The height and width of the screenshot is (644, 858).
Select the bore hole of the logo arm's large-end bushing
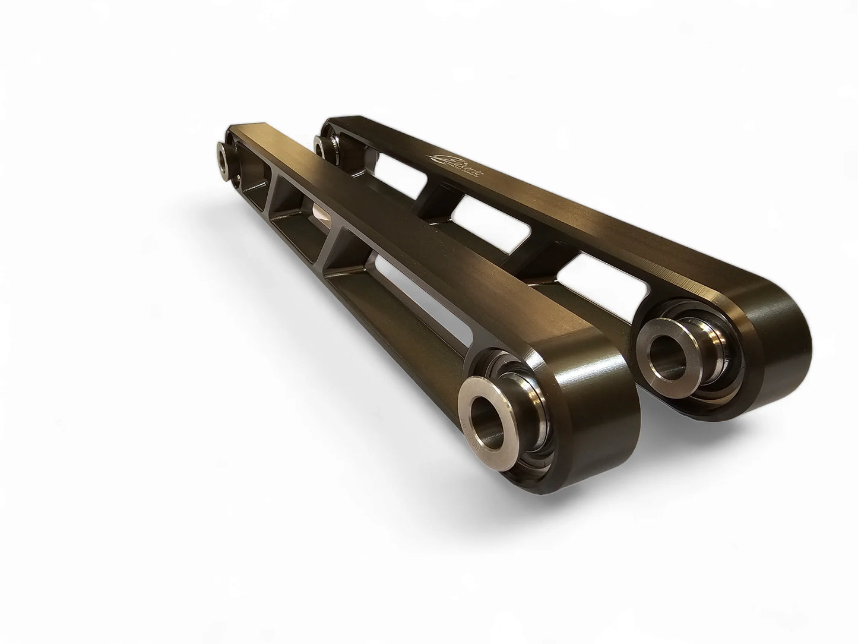(668, 353)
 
